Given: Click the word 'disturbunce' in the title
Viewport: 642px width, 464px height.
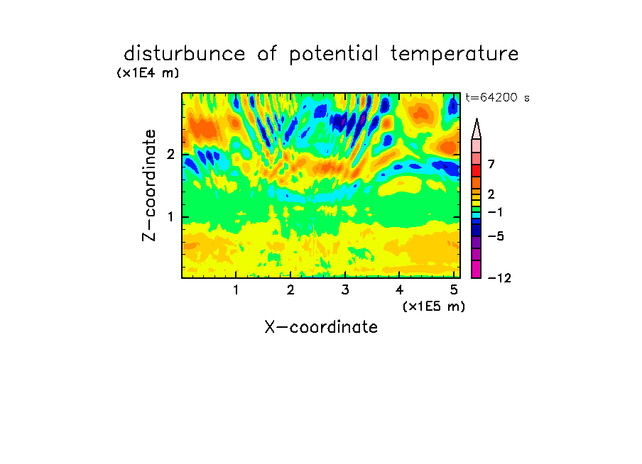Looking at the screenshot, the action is point(184,54).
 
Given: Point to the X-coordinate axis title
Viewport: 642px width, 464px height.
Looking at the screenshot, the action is point(321,327).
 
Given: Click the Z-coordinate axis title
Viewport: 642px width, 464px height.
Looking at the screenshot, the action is point(149,185).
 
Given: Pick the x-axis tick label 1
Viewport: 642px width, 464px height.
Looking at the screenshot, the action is point(236,290).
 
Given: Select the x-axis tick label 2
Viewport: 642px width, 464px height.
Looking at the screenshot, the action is point(290,290).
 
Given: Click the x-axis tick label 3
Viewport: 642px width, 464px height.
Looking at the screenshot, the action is point(345,290).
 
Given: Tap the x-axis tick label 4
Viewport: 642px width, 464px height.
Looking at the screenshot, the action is point(399,290).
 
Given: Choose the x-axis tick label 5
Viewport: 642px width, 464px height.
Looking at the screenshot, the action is point(454,290).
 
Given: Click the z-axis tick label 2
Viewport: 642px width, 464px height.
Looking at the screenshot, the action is point(170,154).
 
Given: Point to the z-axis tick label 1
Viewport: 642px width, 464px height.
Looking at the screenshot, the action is point(170,217).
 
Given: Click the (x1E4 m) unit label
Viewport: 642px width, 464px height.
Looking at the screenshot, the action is point(148,73).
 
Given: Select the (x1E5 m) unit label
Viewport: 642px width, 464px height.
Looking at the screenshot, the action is point(434,306).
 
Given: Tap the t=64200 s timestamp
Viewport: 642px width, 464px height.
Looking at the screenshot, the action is point(497,97).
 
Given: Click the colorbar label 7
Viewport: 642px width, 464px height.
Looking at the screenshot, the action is point(491,164).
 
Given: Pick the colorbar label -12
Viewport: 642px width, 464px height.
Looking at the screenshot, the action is point(499,278).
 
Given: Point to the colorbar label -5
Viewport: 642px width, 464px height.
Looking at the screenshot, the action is point(496,236).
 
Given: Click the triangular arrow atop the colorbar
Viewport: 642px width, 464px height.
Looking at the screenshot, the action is point(477,128).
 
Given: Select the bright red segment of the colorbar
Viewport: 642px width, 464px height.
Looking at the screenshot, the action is point(477,170).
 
